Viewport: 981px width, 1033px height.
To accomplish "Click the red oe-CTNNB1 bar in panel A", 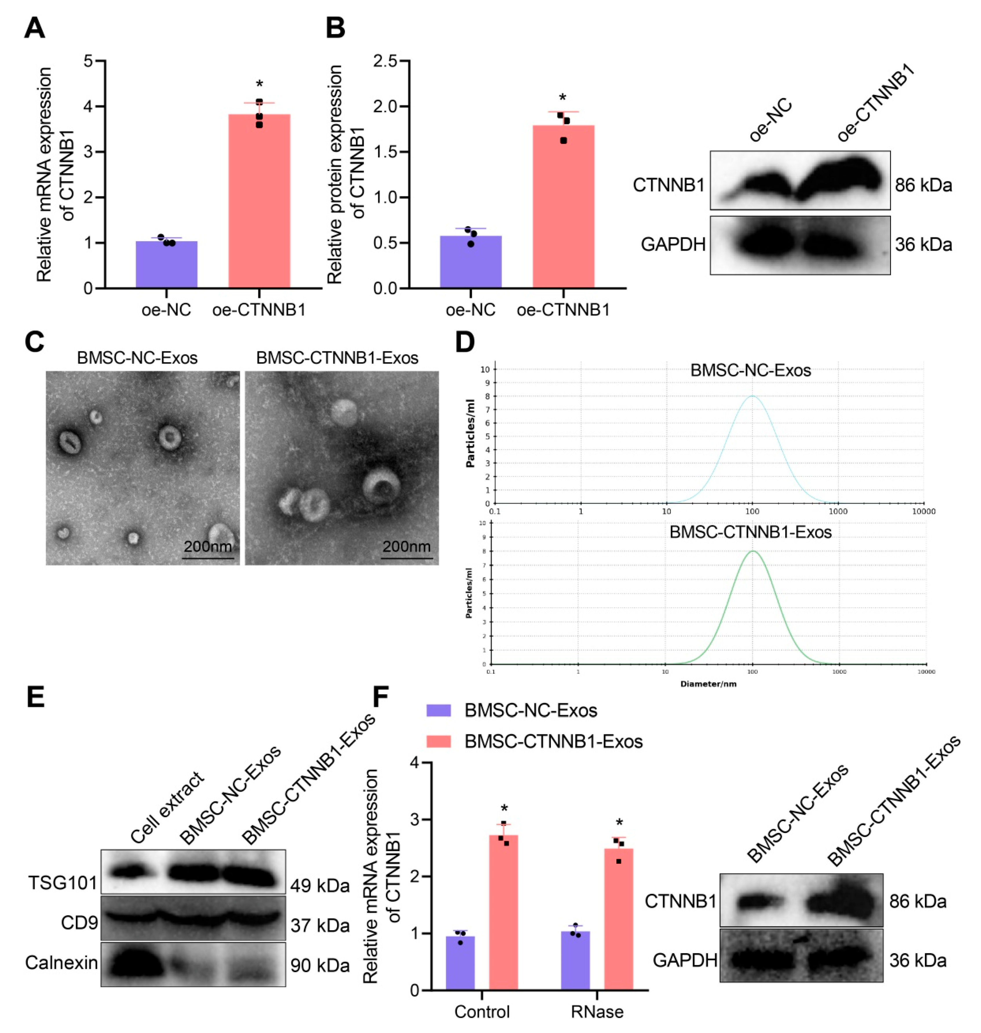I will [x=259, y=201].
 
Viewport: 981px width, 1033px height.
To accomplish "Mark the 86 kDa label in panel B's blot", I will [x=923, y=185].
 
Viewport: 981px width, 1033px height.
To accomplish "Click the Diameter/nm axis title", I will [x=708, y=684].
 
